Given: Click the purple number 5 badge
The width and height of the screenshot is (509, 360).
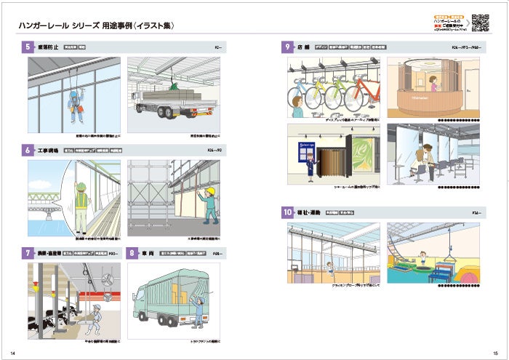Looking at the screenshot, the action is coord(26,47).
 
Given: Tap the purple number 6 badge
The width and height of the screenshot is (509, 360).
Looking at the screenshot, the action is coord(26,151).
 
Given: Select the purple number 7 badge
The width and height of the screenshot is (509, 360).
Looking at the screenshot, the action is coord(26,253).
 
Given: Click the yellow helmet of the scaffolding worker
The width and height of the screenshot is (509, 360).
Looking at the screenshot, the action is coord(208,191).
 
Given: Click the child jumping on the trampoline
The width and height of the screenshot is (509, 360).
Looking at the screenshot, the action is coord(423,255).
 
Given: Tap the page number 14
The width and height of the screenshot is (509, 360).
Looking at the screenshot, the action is coord(14,353).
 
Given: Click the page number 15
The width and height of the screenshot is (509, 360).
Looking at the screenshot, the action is coord(494,353).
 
